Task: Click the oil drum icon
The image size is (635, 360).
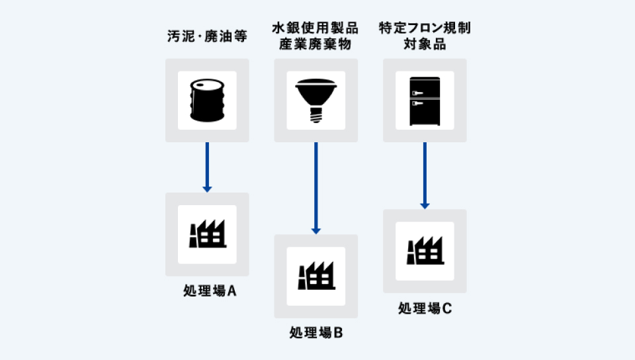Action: (x=207, y=101)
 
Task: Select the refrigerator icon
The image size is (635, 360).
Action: (x=424, y=101)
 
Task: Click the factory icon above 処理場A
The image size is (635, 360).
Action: (x=207, y=234)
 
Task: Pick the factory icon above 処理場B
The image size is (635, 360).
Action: (x=316, y=276)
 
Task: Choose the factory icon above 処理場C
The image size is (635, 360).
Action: (x=424, y=251)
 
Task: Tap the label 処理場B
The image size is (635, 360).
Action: (x=316, y=332)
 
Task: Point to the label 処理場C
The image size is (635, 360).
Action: (x=425, y=308)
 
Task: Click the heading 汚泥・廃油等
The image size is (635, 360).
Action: (x=207, y=36)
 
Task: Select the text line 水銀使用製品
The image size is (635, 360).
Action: (x=316, y=28)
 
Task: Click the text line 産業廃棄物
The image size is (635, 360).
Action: (x=316, y=44)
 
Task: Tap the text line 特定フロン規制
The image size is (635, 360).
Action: (x=425, y=28)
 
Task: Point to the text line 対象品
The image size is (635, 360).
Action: (x=425, y=44)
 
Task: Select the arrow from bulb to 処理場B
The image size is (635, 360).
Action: (x=316, y=188)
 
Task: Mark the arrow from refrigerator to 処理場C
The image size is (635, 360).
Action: (x=424, y=175)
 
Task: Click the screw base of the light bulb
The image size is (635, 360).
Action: (x=316, y=116)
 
